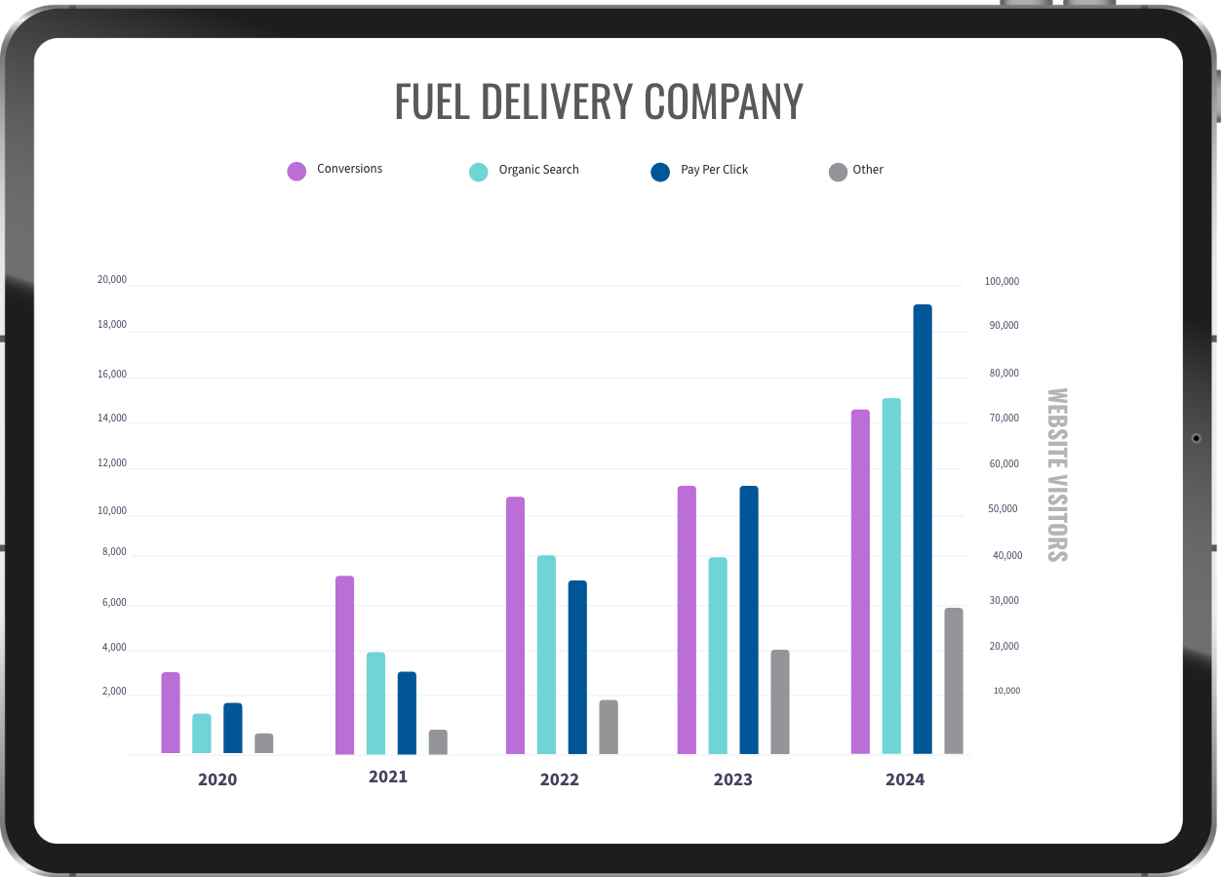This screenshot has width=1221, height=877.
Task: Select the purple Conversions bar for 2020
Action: point(171,712)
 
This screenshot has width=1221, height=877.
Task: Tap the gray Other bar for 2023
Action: point(780,701)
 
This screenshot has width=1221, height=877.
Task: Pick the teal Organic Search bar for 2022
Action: point(546,655)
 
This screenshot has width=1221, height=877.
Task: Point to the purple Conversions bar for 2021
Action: point(344,664)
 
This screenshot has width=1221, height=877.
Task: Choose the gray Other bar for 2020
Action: point(264,743)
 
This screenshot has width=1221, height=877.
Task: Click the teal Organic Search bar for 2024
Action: point(891,576)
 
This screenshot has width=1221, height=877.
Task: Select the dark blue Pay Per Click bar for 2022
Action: point(577,667)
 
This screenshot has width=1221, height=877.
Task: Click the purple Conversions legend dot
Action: point(296,171)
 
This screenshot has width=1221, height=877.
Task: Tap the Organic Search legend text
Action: point(538,170)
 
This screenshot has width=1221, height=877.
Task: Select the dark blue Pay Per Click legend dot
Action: point(660,172)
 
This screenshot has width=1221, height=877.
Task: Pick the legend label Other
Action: point(868,170)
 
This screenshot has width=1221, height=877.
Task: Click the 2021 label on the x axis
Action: point(388,777)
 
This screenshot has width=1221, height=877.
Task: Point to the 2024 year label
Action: point(905,779)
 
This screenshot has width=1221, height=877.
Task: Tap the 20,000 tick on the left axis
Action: point(112,280)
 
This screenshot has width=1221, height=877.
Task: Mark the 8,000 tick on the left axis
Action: point(114,552)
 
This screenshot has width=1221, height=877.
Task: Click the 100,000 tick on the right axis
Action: point(1002,282)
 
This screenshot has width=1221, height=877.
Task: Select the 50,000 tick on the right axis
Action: point(1004,509)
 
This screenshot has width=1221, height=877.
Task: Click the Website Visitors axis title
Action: point(1057,475)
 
